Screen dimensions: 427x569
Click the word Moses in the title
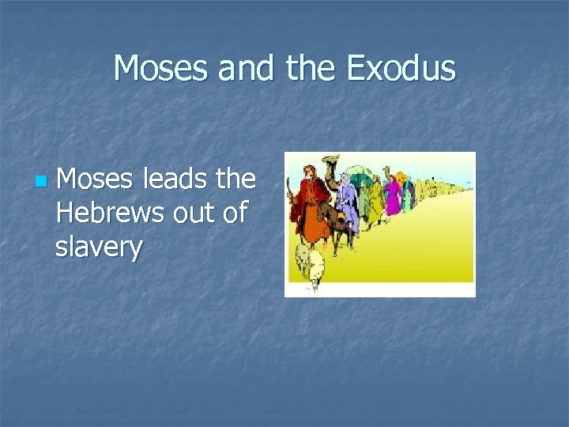(x=161, y=69)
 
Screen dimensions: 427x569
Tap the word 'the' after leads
(x=236, y=179)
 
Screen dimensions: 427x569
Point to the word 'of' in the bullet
(x=235, y=213)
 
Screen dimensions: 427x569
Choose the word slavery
(x=99, y=248)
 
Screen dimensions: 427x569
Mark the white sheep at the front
(x=307, y=261)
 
